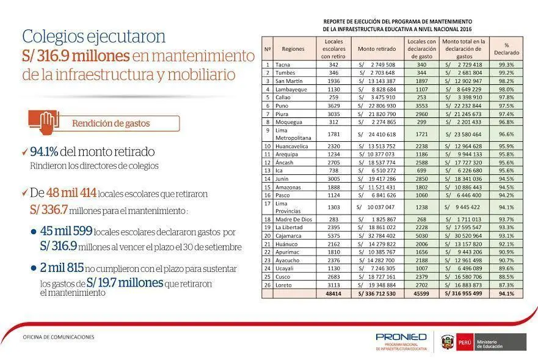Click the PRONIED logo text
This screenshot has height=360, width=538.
tap(401, 337)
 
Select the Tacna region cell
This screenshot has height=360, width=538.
tap(283, 64)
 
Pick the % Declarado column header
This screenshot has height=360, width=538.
tap(506, 49)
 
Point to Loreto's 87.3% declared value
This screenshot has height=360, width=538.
tap(506, 285)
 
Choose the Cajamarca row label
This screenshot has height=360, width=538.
tap(289, 235)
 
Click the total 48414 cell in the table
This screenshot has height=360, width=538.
tap(333, 293)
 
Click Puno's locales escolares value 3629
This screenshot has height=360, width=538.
tap(333, 105)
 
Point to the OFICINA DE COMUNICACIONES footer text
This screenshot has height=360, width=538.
tap(59, 337)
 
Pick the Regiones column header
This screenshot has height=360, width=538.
tap(293, 49)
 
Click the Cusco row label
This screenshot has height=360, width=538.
tap(284, 276)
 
